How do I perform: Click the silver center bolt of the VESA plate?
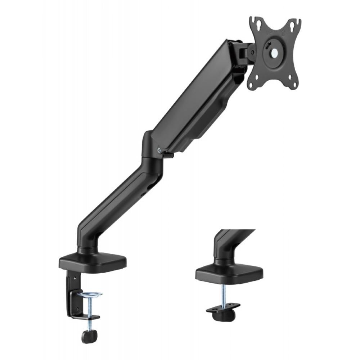[x=275, y=52]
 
